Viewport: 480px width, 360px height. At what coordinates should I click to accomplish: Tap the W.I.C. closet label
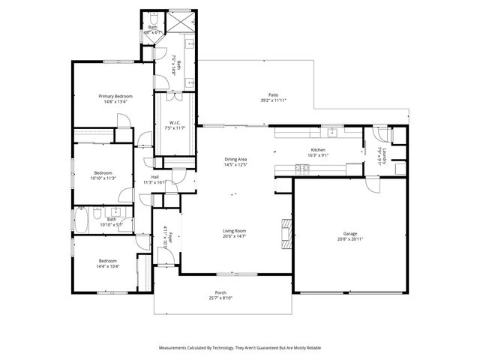[x=174, y=123]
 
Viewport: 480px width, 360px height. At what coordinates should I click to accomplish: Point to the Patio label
[x=274, y=95]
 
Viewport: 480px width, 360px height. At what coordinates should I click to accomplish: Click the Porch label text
[x=220, y=292]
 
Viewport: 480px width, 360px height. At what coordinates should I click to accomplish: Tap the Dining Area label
[x=236, y=159]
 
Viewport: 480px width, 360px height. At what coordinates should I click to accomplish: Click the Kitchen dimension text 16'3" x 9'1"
[x=319, y=156]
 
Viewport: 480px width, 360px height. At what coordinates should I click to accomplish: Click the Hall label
[x=154, y=177]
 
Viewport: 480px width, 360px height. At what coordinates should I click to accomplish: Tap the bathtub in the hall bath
[x=81, y=220]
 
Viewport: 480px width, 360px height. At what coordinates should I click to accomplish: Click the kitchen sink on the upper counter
[x=334, y=133]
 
